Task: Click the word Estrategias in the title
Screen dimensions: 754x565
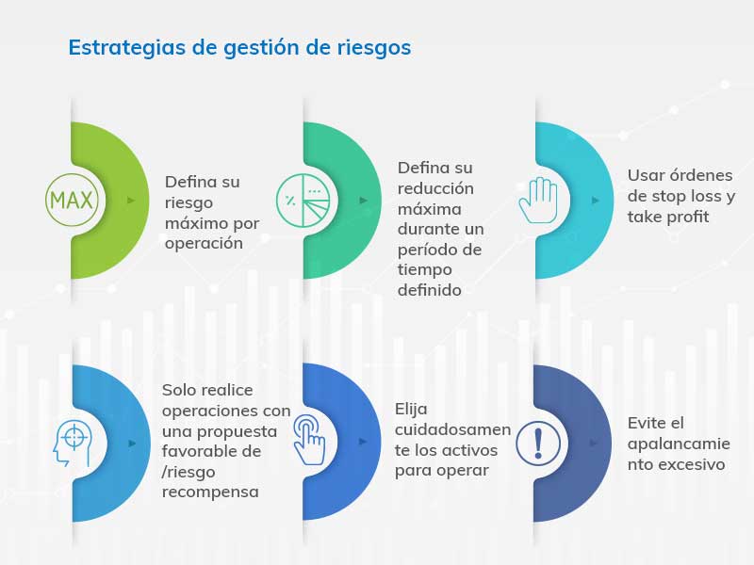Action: [126, 48]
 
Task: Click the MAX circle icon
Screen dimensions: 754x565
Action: [72, 200]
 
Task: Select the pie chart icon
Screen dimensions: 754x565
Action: [303, 200]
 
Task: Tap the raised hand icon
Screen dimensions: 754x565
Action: [537, 201]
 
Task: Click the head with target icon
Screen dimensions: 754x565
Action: [73, 444]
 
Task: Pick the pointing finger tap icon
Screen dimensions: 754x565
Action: [309, 440]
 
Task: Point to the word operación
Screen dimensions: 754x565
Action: [204, 244]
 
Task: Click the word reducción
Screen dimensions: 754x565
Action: [435, 188]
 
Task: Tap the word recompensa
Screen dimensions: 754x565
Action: [210, 492]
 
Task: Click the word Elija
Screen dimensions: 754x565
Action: [411, 410]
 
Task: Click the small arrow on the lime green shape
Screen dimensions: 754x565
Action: [131, 201]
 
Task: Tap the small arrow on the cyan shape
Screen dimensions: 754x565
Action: [596, 201]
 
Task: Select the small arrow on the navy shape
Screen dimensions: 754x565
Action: [594, 443]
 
